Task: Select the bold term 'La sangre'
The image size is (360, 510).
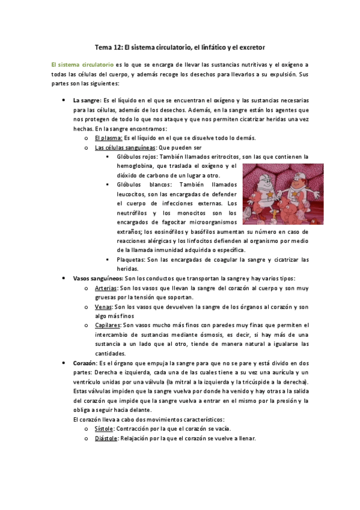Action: click(87, 100)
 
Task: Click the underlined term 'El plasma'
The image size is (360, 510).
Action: click(109, 138)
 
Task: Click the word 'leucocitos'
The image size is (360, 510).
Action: click(133, 195)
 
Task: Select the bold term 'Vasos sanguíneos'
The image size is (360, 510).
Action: click(97, 278)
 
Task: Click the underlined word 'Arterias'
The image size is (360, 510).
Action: click(106, 288)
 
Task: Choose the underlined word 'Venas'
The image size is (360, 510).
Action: click(104, 307)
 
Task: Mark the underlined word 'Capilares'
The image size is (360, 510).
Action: click(108, 325)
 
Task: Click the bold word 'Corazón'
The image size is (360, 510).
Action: click(84, 363)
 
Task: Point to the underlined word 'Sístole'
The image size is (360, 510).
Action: click(106, 429)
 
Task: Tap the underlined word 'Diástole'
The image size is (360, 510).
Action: click(107, 438)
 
